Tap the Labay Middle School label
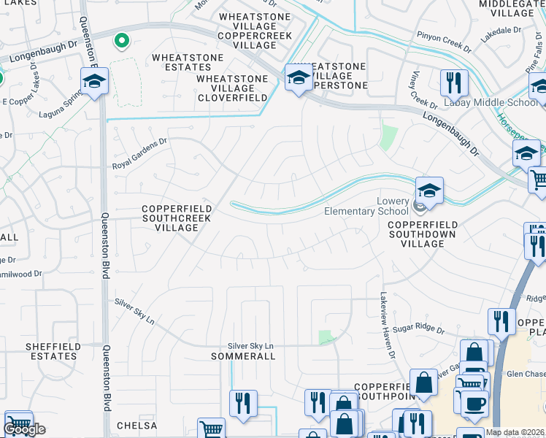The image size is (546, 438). coord(491,103)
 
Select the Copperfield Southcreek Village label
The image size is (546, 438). coord(176,218)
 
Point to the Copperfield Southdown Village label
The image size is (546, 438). coord(423,234)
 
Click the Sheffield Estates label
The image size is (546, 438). coord(50,351)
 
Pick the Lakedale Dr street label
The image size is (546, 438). coord(501,34)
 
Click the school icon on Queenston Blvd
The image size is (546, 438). coord(93,81)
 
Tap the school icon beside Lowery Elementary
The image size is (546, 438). coord(430,190)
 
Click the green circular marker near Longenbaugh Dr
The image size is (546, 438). coord(122,41)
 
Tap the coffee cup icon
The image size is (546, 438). coord(474,403)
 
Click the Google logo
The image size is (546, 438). coord(24,429)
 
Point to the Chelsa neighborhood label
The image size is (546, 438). coord(136,426)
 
